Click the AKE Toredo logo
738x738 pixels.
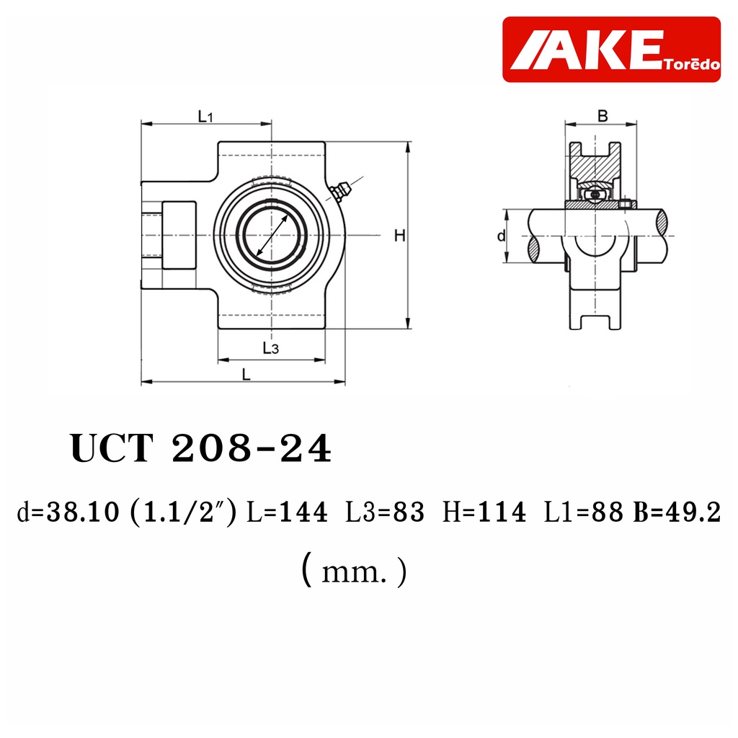(611, 50)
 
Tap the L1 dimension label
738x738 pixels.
(205, 116)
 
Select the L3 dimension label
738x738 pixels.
(271, 348)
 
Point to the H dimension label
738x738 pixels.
(399, 236)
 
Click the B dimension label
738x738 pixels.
(603, 116)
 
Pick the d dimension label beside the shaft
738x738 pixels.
(502, 236)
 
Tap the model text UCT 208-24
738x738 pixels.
(201, 448)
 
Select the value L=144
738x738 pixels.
(287, 512)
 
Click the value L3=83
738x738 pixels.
(385, 512)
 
